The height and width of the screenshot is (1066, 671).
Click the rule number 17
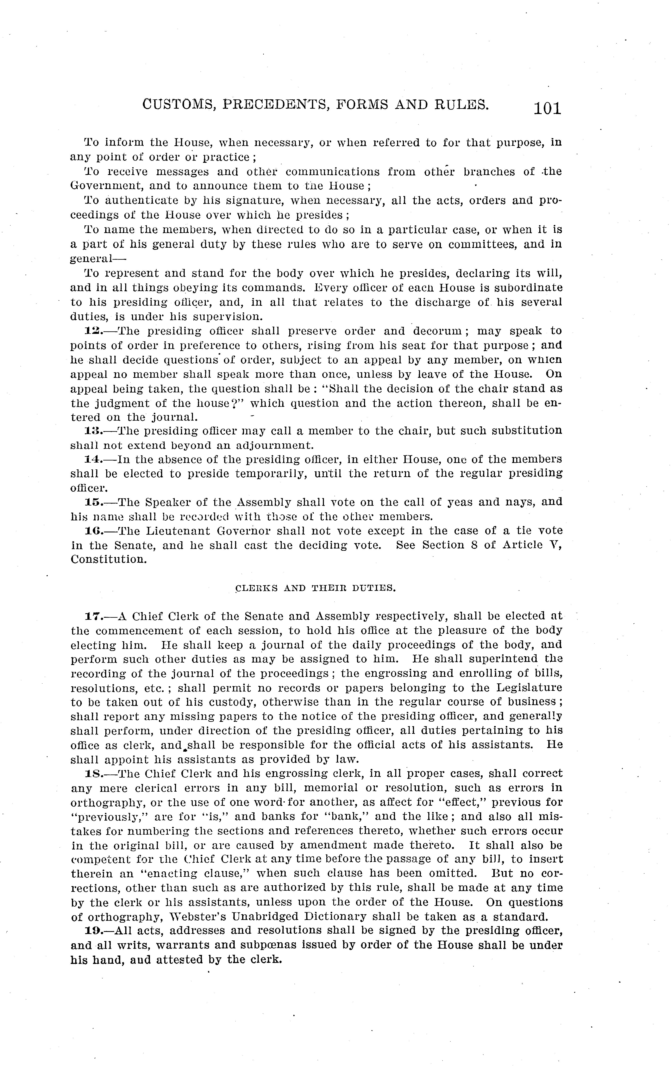(x=92, y=616)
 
